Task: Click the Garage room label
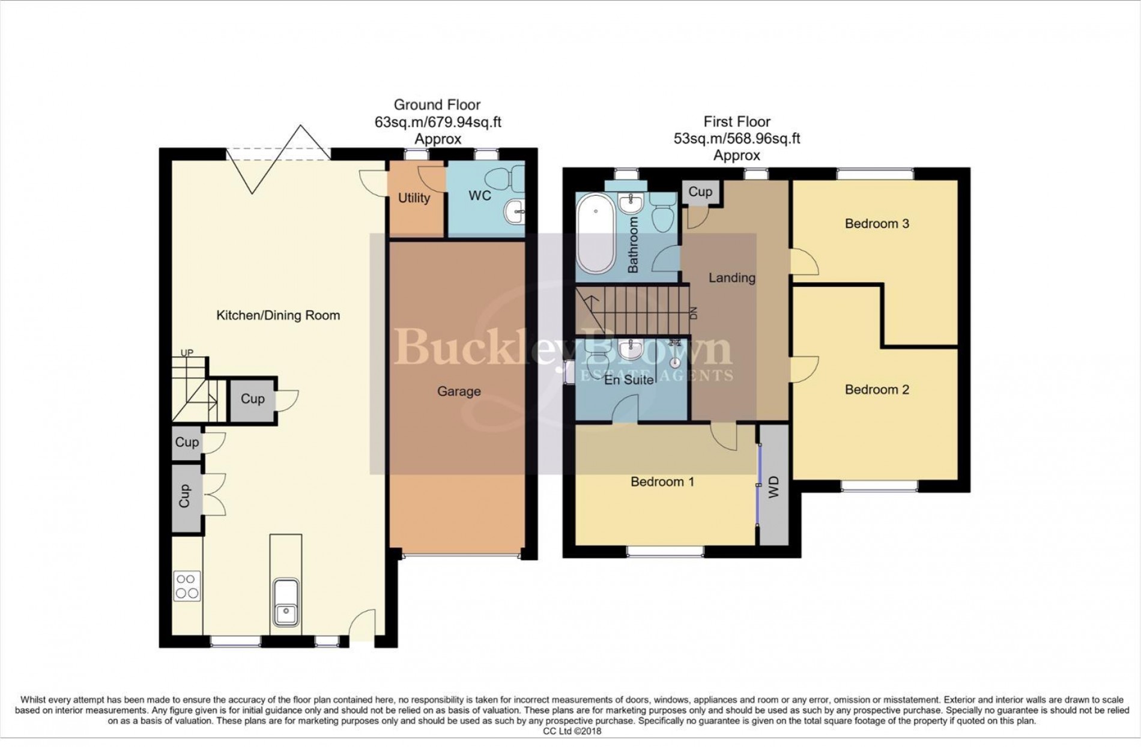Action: [458, 392]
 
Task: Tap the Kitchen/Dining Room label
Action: [278, 315]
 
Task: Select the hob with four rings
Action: [186, 586]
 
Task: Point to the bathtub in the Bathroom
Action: [595, 237]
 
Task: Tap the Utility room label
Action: [414, 198]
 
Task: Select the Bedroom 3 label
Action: [876, 224]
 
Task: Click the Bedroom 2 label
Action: [876, 390]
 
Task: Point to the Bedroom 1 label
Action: [662, 482]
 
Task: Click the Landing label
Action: [731, 278]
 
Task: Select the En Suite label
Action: [629, 380]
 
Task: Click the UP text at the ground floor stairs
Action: [187, 353]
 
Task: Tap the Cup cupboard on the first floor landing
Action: [700, 192]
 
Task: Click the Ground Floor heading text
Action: [437, 105]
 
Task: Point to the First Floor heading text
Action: [736, 122]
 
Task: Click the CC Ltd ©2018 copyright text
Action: [572, 731]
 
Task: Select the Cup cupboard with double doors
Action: [185, 496]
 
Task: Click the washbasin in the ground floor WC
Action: [515, 211]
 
